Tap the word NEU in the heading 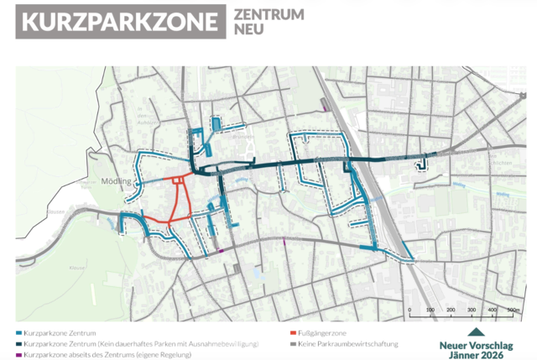pyautogui.click(x=249, y=31)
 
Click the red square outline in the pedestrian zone pyautogui.click(x=177, y=180)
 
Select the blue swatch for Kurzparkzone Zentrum pyautogui.click(x=18, y=332)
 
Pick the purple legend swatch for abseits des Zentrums pyautogui.click(x=18, y=356)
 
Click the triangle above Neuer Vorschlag pyautogui.click(x=477, y=332)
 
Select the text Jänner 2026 pyautogui.click(x=477, y=354)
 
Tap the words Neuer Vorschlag pyautogui.click(x=477, y=344)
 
